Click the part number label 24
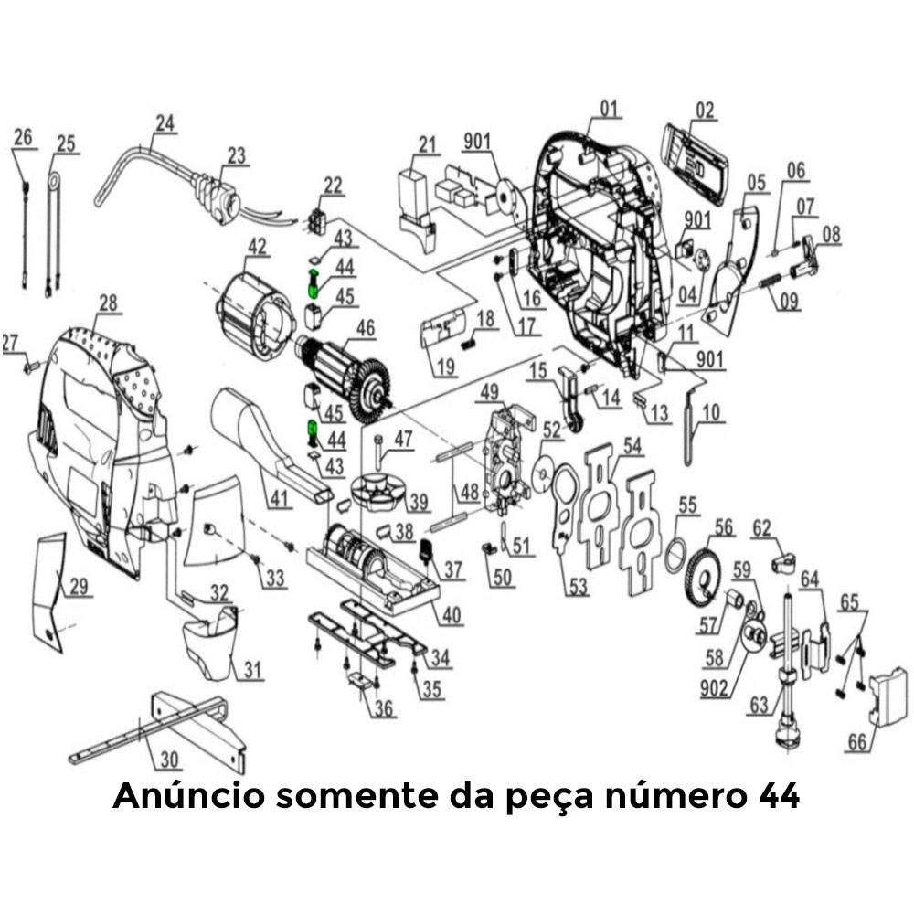coord(165,122)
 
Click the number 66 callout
coord(856,742)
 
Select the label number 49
coord(490,392)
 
